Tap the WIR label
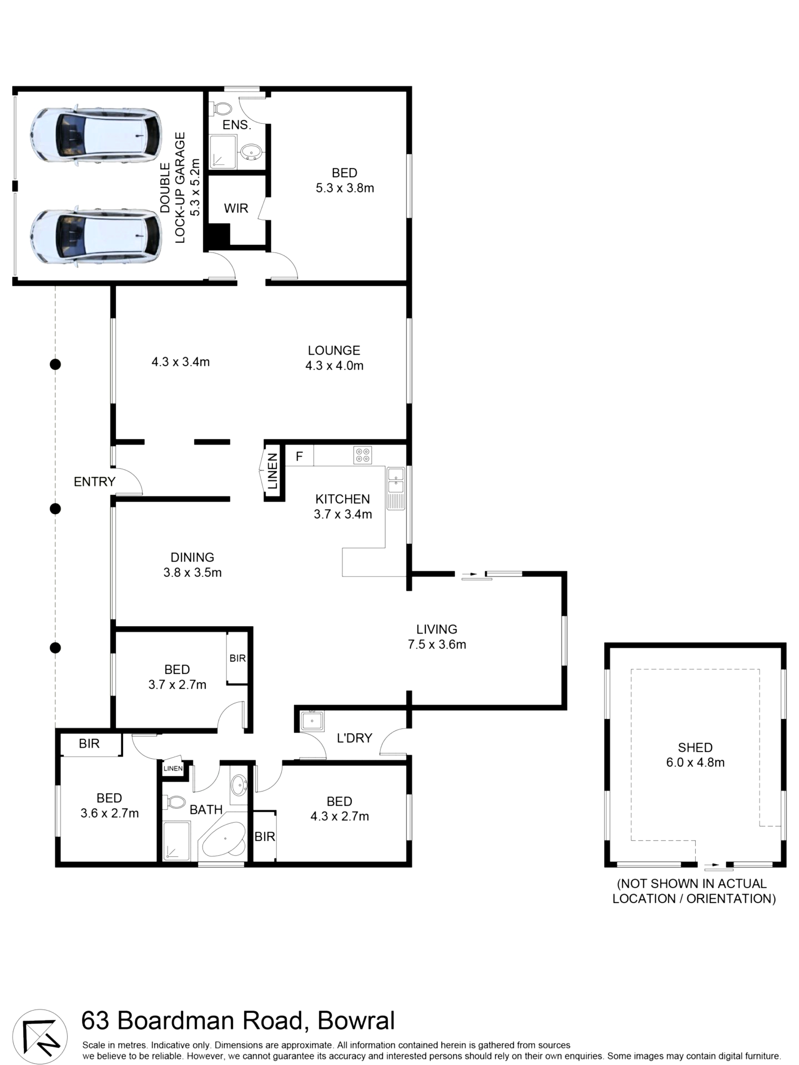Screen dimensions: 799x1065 pos(236,208)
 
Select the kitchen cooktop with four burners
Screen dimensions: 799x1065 pos(362,455)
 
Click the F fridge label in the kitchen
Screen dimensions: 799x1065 pos(299,456)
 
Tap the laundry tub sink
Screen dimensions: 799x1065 pos(312,721)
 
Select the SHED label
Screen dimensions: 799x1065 pos(695,747)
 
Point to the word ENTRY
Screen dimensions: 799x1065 pos(94,481)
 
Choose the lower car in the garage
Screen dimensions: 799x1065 pos(95,236)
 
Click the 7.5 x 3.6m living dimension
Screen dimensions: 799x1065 pos(437,644)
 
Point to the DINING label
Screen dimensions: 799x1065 pos(192,557)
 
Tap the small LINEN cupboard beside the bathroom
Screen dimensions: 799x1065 pos(173,768)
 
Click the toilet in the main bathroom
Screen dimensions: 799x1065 pos(174,802)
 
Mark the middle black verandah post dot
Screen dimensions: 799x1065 pos(55,508)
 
